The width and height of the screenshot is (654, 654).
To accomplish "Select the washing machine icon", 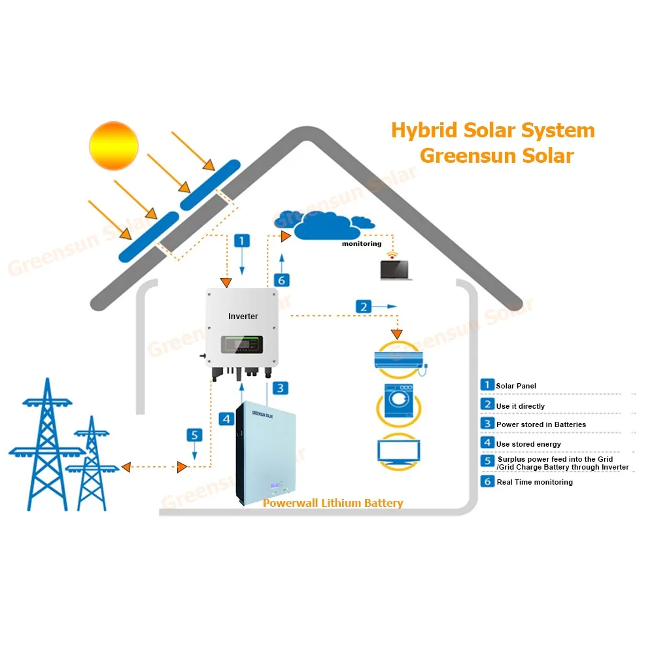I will click(x=398, y=401).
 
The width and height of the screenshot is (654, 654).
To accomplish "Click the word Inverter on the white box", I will click(x=243, y=317).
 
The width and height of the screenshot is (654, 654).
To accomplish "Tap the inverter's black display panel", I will click(x=241, y=343).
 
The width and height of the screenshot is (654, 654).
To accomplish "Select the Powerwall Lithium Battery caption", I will click(x=332, y=503).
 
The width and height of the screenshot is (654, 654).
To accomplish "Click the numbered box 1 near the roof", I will click(x=242, y=241).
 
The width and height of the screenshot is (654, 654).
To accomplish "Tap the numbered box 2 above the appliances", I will click(x=364, y=305).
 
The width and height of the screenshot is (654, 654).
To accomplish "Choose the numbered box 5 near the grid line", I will click(x=194, y=434).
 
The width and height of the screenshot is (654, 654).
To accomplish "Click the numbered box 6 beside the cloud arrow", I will click(x=281, y=280).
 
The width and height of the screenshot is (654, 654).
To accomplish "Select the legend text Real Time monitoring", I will click(x=534, y=482).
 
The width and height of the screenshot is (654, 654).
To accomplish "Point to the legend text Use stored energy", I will click(x=528, y=444).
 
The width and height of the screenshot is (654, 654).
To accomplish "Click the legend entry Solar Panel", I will click(x=516, y=386).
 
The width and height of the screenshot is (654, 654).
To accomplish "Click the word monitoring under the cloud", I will click(x=362, y=244).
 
